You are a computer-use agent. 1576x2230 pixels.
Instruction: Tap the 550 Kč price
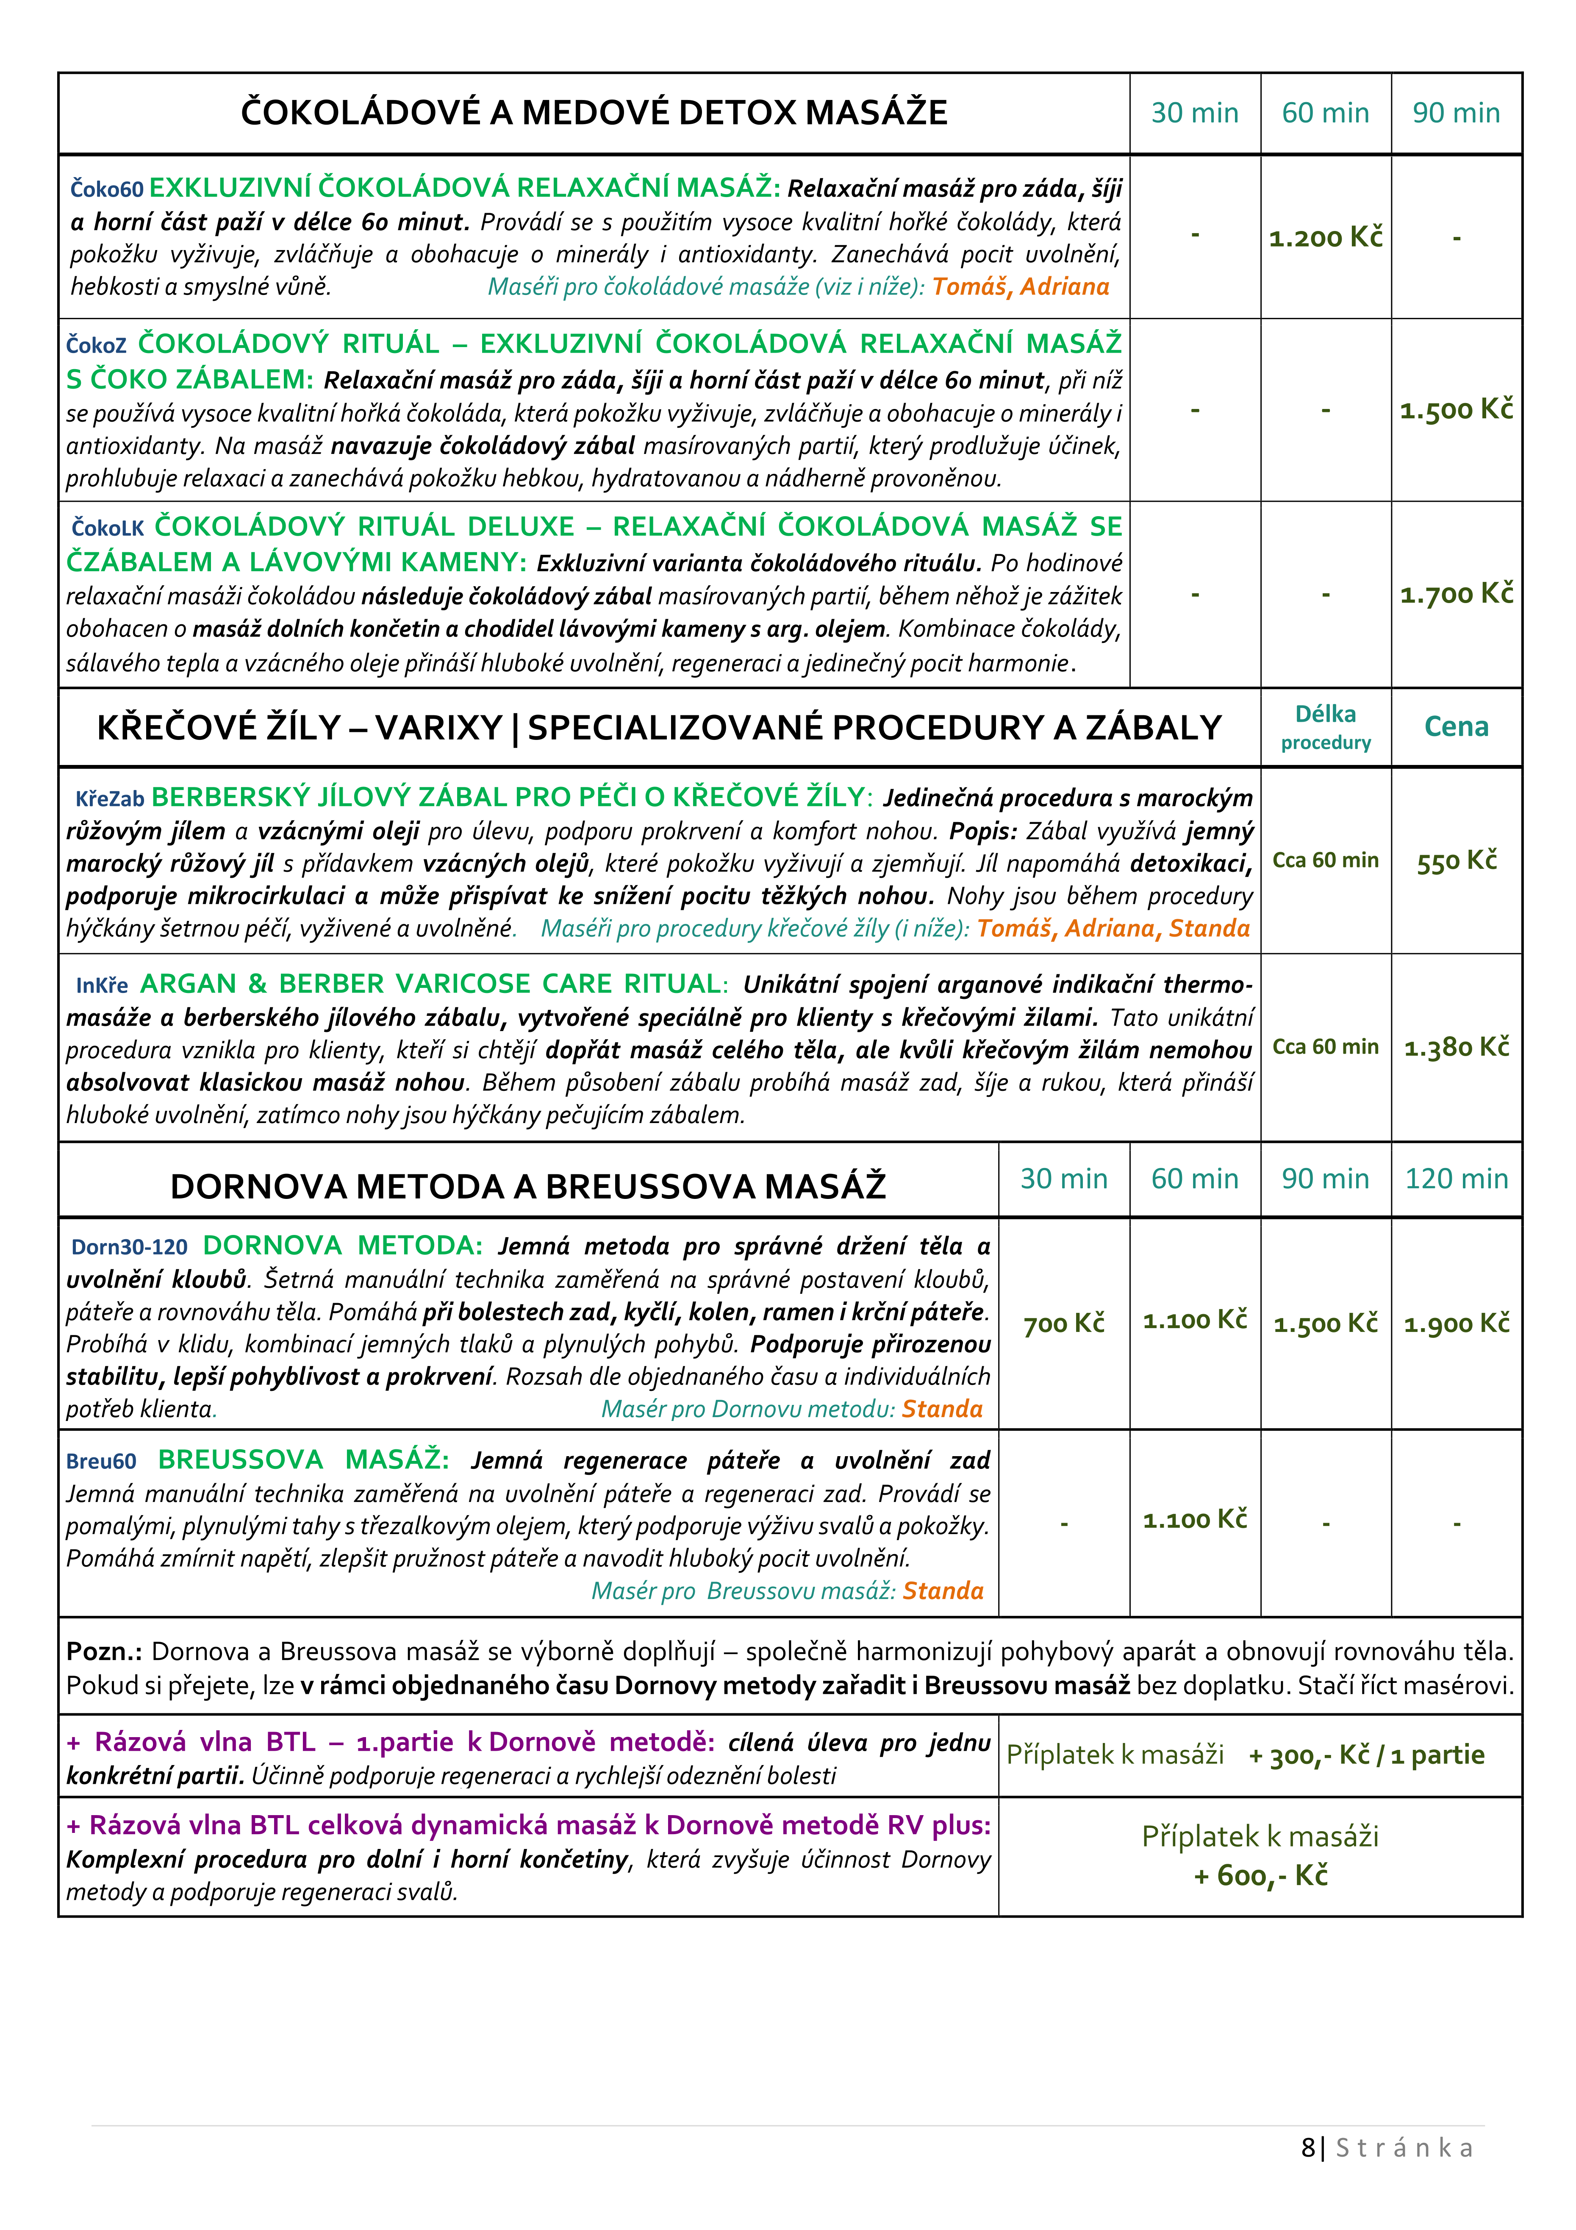[1456, 861]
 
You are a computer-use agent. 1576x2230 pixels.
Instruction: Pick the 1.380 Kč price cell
[1456, 1047]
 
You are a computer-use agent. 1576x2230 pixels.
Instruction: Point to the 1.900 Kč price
[1456, 1323]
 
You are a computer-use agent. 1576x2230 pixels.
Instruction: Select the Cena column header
[1456, 726]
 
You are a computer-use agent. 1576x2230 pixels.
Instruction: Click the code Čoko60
[107, 189]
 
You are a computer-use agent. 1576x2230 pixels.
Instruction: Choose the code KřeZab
[110, 798]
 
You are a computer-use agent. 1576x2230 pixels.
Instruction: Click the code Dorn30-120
[129, 1247]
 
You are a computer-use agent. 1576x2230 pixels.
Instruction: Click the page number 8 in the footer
[1307, 2147]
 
